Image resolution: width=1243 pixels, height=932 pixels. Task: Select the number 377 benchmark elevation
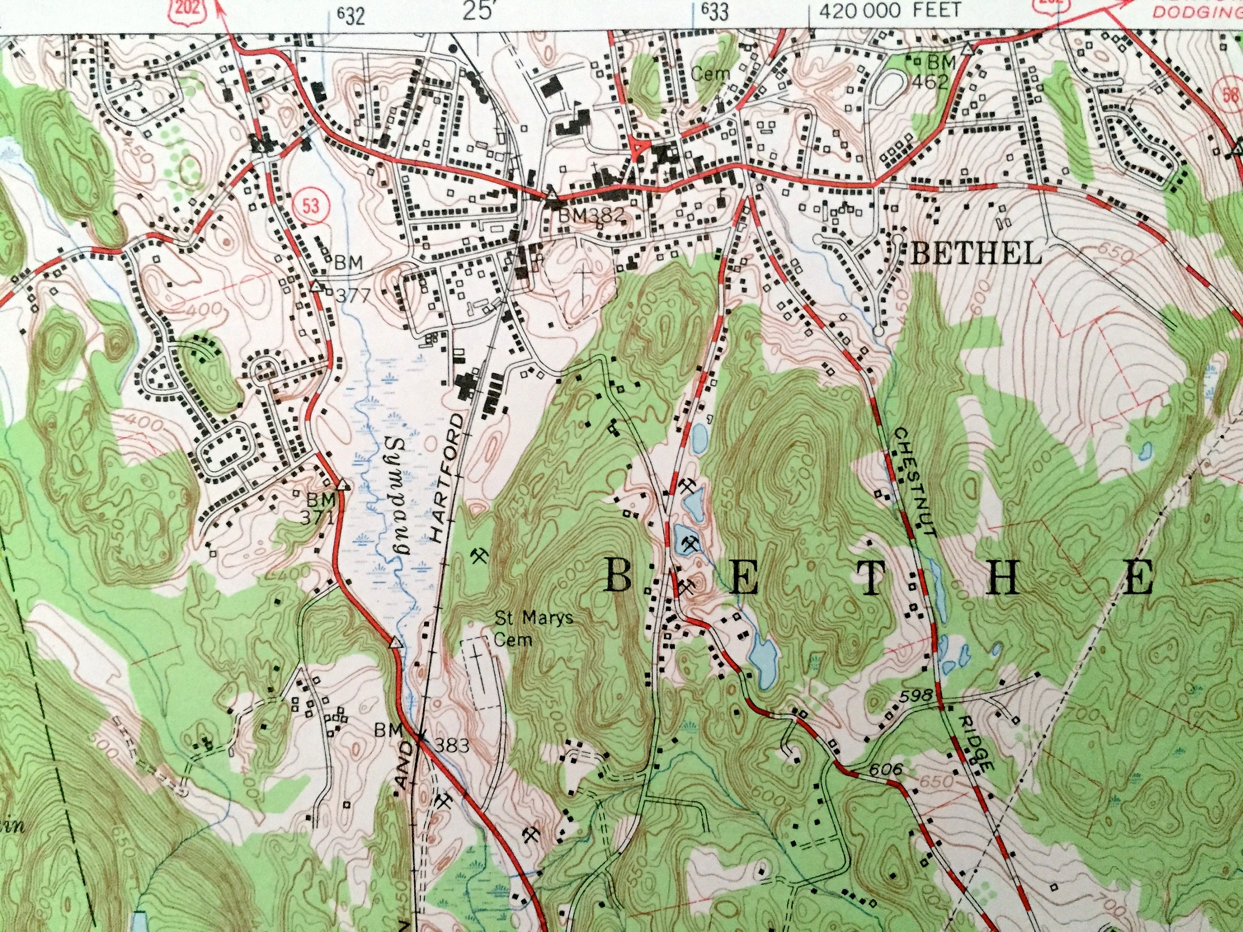[x=352, y=295]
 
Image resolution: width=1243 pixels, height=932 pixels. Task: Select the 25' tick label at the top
[x=475, y=11]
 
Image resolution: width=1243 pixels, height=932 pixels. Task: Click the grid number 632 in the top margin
[x=352, y=16]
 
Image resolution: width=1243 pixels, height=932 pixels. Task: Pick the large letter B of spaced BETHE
[x=618, y=576]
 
